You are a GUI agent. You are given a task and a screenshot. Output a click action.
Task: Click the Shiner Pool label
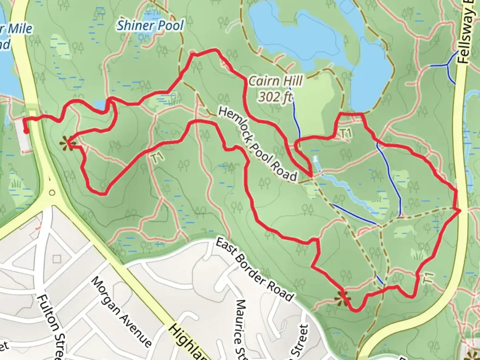pyautogui.click(x=150, y=25)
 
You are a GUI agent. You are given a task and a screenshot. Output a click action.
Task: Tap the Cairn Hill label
pyautogui.click(x=276, y=81)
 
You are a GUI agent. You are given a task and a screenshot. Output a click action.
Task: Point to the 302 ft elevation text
pyautogui.click(x=275, y=97)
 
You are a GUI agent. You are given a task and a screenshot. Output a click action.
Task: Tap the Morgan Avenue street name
pyautogui.click(x=122, y=312)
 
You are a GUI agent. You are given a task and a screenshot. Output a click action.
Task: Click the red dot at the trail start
pyautogui.click(x=26, y=131)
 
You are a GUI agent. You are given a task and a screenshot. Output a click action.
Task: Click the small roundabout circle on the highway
pyautogui.click(x=52, y=193)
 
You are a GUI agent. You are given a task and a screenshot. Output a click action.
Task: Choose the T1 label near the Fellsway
pyautogui.click(x=428, y=278)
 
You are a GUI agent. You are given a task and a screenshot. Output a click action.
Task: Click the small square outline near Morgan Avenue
pyautogui.click(x=57, y=259)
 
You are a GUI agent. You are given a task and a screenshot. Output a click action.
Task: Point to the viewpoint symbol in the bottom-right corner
pyautogui.click(x=474, y=355)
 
